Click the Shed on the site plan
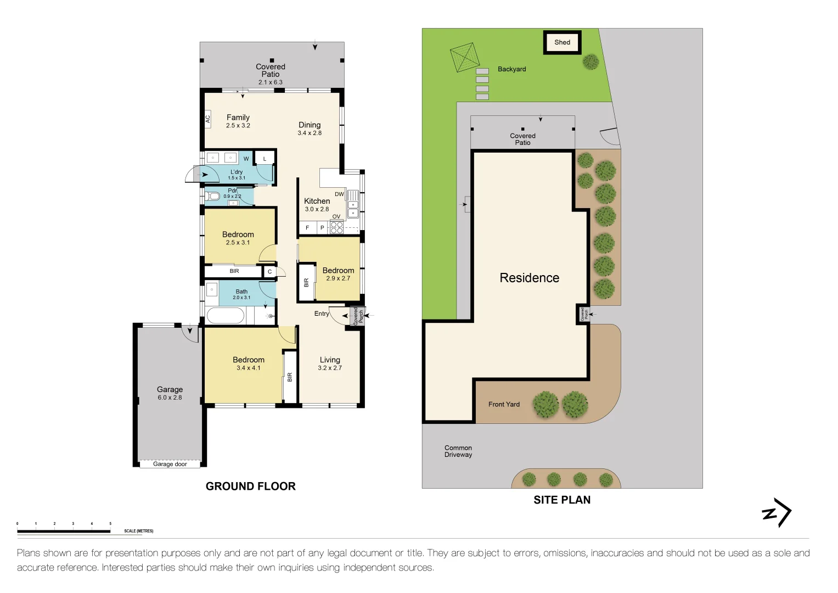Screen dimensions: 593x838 [562, 42]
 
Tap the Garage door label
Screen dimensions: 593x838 [170, 464]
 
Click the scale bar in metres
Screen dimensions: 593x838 [64, 531]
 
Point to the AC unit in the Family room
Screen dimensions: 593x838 [207, 119]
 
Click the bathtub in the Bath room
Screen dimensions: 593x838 [226, 316]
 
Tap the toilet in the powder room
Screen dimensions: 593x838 [212, 196]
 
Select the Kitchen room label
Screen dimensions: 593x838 [317, 201]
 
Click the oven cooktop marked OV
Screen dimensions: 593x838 [336, 227]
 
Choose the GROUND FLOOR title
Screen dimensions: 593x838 [250, 486]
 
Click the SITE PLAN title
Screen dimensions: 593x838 [562, 500]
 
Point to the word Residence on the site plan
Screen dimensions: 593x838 [529, 278]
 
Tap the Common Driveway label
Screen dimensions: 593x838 [458, 451]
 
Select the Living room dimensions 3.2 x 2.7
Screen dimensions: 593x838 [329, 368]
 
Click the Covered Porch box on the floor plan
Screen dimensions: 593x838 [357, 316]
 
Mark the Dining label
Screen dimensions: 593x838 [310, 125]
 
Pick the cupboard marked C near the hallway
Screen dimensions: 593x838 [269, 271]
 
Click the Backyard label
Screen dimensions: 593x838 [511, 69]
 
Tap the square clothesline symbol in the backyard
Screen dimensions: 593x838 [465, 58]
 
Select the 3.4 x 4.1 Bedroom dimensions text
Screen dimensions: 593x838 [248, 368]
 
